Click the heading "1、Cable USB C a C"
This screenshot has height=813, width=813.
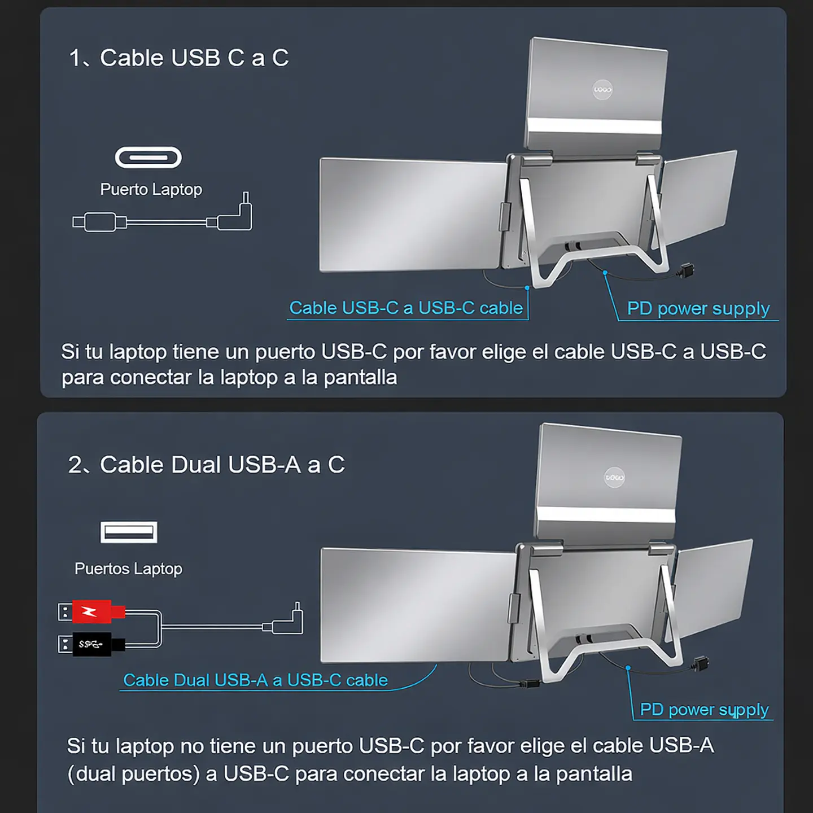[x=178, y=58]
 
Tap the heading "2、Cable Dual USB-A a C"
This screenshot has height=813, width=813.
[x=206, y=465]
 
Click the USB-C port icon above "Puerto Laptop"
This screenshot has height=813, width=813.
[x=148, y=158]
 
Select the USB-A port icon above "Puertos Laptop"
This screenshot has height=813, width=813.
[x=129, y=532]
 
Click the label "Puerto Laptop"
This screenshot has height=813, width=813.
[x=151, y=189]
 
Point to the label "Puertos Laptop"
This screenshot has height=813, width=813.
[x=128, y=569]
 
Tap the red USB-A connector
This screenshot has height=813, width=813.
[x=93, y=611]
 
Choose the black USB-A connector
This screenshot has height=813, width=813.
[x=93, y=644]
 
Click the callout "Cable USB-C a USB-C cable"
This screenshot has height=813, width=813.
[x=406, y=308]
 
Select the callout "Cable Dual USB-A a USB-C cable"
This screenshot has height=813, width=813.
[x=255, y=680]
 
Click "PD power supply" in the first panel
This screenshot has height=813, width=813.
[x=698, y=308]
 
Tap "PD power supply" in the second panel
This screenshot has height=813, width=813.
[x=704, y=709]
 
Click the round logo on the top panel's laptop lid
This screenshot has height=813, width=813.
[x=602, y=89]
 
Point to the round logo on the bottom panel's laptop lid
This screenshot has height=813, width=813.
[x=614, y=478]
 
